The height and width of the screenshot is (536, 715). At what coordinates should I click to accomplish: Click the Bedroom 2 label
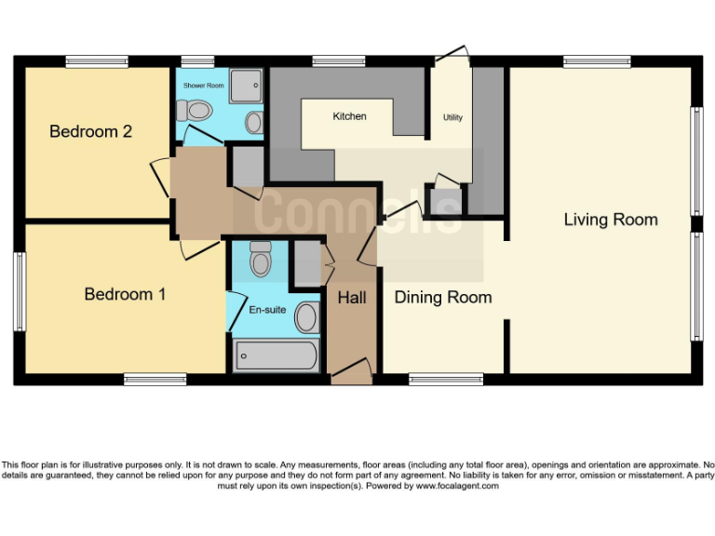[x=90, y=131]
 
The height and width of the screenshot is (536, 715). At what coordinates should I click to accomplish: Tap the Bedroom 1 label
[x=125, y=294]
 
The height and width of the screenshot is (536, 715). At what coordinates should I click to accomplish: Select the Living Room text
[x=610, y=220]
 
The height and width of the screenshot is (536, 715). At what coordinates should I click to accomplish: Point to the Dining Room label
[x=442, y=298]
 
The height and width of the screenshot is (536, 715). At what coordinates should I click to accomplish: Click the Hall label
[x=352, y=298]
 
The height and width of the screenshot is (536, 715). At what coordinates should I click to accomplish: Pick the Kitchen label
[x=349, y=116]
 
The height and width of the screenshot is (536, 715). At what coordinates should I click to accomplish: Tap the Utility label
[x=452, y=117]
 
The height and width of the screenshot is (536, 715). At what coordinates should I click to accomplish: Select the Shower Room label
[x=203, y=85]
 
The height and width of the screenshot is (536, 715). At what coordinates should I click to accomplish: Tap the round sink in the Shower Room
[x=253, y=121]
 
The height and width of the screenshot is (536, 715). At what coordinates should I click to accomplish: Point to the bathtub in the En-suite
[x=276, y=355]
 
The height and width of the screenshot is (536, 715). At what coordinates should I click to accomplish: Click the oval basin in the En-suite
[x=305, y=318]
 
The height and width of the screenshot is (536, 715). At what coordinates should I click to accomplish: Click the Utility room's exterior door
[x=453, y=53]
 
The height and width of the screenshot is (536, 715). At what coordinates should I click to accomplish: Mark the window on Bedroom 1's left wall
[x=18, y=290]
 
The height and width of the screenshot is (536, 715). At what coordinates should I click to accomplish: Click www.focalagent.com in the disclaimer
[x=456, y=486]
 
